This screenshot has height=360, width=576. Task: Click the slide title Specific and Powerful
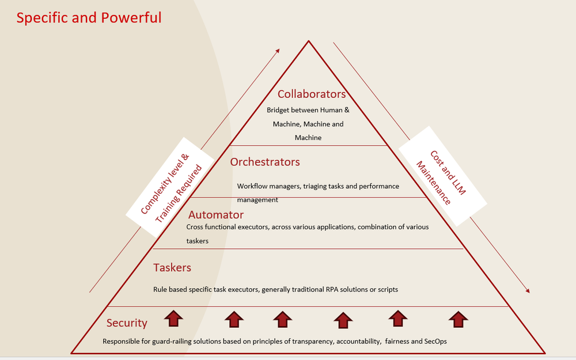[89, 18]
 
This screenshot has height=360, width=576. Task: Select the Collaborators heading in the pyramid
[312, 94]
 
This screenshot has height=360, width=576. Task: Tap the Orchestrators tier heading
[265, 162]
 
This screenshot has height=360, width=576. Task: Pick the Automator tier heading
[216, 215]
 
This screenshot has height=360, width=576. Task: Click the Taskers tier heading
[172, 267]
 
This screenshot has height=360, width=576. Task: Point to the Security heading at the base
[127, 323]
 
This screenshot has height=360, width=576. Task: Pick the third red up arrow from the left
[282, 319]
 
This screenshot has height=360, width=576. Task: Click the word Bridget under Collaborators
[279, 109]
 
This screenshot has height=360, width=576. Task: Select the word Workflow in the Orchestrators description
[251, 186]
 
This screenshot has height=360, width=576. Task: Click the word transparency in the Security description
[312, 341]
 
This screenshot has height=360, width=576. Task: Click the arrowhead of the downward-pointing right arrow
[526, 290]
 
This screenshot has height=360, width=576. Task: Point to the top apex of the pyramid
[309, 41]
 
